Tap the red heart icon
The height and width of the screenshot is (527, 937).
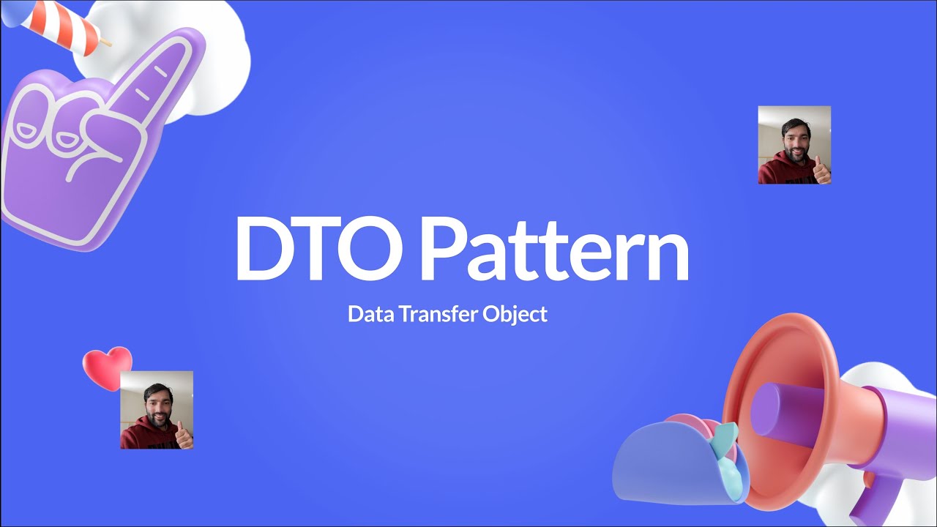click(107, 365)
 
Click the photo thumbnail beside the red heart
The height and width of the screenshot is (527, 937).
click(157, 410)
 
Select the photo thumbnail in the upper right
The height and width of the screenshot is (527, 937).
click(794, 145)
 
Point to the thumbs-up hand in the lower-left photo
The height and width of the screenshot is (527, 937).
click(183, 436)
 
